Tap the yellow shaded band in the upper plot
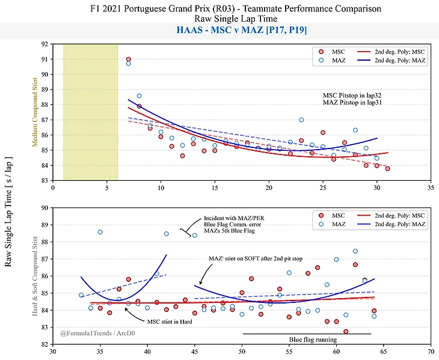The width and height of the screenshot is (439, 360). [90, 111]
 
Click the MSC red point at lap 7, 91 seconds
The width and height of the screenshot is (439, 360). [129, 59]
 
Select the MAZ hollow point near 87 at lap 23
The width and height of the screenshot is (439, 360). [301, 120]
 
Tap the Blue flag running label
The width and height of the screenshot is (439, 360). [313, 340]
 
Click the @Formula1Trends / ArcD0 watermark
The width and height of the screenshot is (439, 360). [96, 332]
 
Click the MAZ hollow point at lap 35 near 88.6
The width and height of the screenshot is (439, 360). [100, 232]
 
